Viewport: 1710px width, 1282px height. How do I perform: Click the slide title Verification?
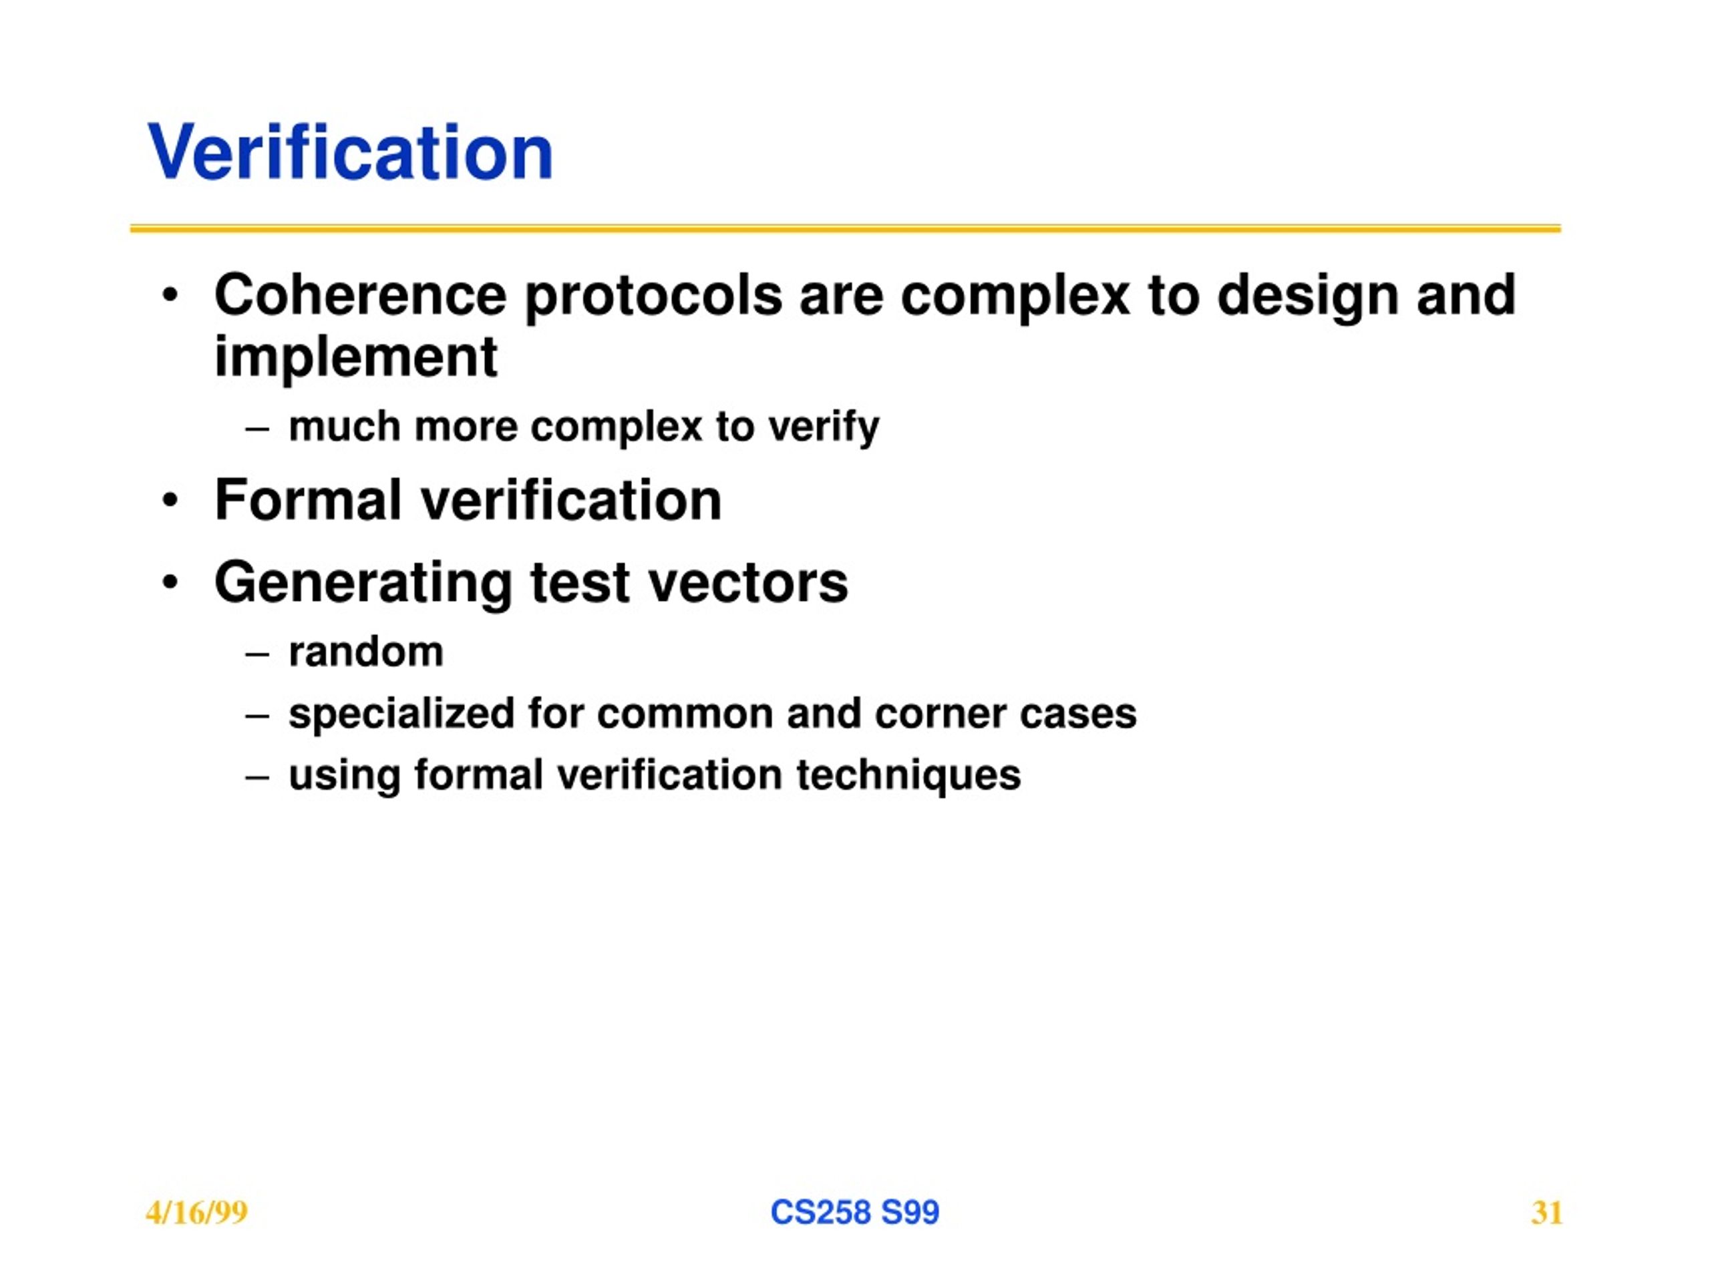click(x=350, y=152)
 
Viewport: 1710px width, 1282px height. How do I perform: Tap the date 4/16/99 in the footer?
click(x=196, y=1213)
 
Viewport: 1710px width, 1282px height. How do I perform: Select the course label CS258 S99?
click(x=854, y=1212)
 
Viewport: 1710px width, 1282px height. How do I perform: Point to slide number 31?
click(x=1547, y=1213)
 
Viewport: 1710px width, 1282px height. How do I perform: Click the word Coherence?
click(x=360, y=295)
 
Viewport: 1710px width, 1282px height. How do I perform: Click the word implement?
click(x=355, y=358)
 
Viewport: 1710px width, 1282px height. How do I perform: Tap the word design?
click(x=1307, y=298)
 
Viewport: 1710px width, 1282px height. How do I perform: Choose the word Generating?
click(x=363, y=584)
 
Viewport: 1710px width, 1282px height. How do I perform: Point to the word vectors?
click(x=747, y=584)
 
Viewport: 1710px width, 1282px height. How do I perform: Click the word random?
click(x=365, y=652)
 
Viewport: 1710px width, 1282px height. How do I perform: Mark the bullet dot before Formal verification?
click(x=170, y=501)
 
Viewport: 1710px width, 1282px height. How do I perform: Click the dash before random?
click(x=256, y=654)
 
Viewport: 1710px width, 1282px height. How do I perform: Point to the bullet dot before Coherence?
click(x=170, y=296)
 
